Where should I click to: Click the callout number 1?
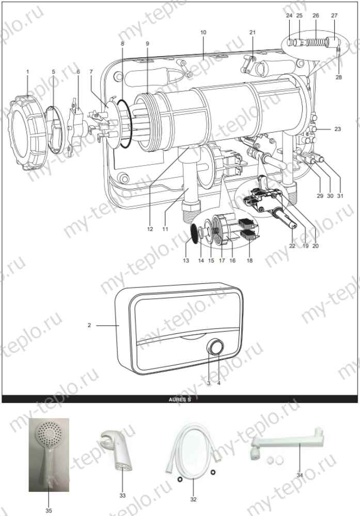coord(27,71)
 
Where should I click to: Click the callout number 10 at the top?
coord(203,33)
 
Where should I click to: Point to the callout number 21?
coord(252,33)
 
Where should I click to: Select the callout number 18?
coord(249,262)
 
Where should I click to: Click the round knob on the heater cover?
coord(215,347)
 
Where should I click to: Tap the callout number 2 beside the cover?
coord(89,325)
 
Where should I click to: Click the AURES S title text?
coord(180,399)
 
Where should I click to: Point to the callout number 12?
coord(150,229)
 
